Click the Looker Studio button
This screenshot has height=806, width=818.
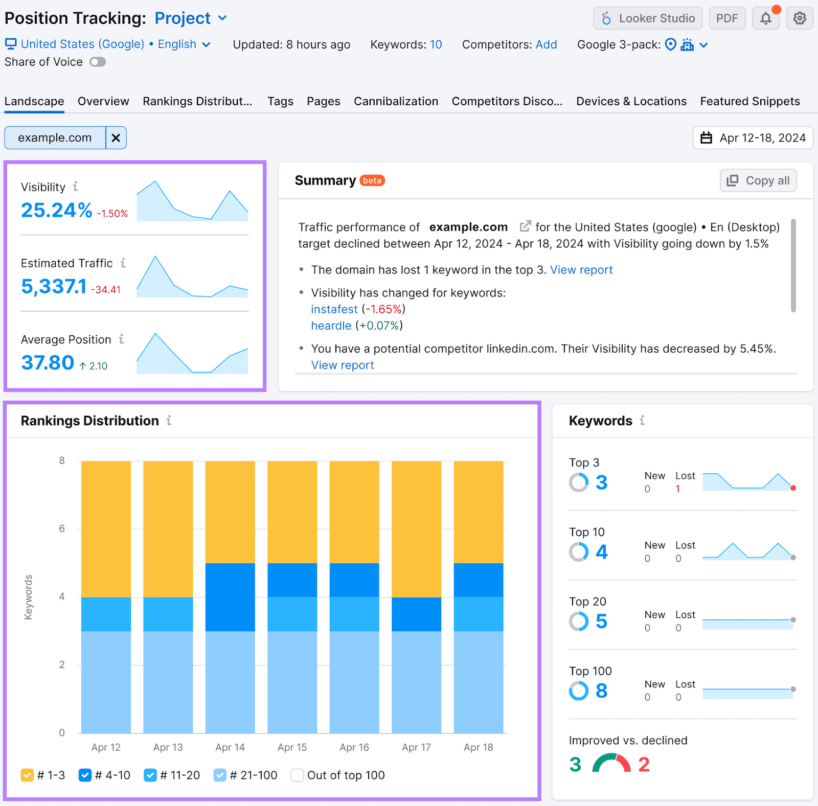click(x=647, y=18)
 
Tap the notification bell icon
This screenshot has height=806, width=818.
click(x=765, y=18)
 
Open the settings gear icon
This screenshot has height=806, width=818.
click(x=800, y=18)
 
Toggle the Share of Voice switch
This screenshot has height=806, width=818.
click(x=98, y=62)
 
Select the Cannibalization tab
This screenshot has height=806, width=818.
click(x=396, y=101)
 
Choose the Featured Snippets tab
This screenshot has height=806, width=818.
click(x=749, y=101)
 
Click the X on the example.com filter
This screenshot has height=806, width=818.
click(x=116, y=138)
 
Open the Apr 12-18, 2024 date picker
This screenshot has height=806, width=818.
click(x=753, y=138)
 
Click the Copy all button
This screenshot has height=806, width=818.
click(x=758, y=180)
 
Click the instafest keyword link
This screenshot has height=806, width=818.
click(x=334, y=309)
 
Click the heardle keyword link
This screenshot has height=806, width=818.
click(x=331, y=326)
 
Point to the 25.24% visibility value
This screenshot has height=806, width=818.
click(x=56, y=210)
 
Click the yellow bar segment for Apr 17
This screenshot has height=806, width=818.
click(x=416, y=529)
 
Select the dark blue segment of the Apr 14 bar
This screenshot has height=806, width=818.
click(x=230, y=597)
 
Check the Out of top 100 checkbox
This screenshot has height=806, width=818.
click(x=297, y=775)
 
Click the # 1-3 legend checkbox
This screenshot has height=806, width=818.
click(x=27, y=775)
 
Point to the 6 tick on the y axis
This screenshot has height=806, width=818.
click(x=62, y=528)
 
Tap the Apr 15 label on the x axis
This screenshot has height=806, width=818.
click(x=292, y=747)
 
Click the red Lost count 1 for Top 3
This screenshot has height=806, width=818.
click(x=677, y=489)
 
